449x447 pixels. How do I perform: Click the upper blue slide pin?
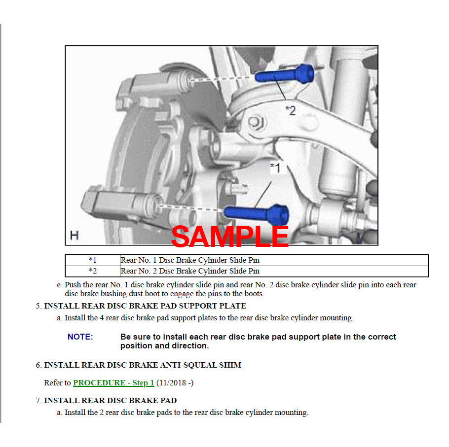tap(284, 74)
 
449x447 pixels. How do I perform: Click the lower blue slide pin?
tap(256, 214)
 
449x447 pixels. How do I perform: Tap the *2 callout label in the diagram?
tap(290, 110)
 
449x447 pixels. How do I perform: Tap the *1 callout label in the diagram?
tap(275, 168)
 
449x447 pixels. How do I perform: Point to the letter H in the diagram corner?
tap(74, 236)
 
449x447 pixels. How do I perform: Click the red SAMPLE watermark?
tap(229, 236)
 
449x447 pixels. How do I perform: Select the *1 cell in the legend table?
tap(92, 260)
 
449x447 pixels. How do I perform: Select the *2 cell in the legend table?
tap(92, 271)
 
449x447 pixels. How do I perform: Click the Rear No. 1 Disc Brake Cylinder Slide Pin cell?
tap(274, 260)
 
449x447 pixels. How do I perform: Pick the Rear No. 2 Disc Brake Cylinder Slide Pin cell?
tap(274, 271)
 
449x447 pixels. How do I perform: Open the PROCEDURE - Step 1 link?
tap(113, 382)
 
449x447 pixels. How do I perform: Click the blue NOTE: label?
tap(80, 337)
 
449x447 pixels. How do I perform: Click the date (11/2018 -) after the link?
tap(175, 382)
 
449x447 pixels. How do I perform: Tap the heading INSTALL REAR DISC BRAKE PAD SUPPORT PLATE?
tap(145, 306)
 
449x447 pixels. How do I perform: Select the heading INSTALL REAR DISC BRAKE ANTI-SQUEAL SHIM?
tap(143, 365)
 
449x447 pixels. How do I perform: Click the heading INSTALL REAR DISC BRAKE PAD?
tap(110, 400)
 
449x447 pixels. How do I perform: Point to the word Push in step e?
tap(73, 285)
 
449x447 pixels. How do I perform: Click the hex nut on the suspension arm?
tap(256, 122)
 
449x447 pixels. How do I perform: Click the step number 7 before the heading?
tap(38, 400)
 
